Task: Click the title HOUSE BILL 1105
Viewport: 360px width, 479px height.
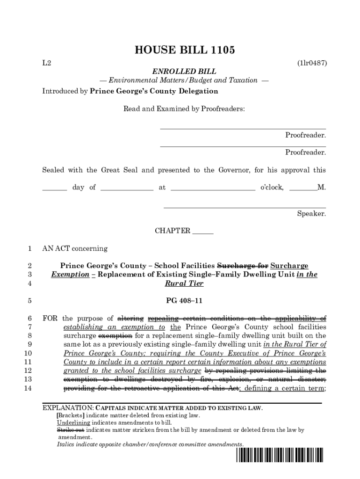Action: tap(184, 50)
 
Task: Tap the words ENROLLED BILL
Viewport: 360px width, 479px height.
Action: tap(184, 72)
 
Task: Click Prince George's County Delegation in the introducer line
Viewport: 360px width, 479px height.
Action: tap(154, 91)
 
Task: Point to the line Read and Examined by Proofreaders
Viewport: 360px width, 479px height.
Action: tap(184, 109)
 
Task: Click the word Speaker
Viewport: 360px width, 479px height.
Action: tap(311, 214)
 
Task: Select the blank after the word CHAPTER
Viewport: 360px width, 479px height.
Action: tap(203, 231)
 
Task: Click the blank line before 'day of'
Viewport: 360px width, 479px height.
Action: tap(55, 188)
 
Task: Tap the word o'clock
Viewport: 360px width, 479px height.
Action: tap(271, 188)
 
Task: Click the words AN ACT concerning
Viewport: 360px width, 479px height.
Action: tap(75, 248)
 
